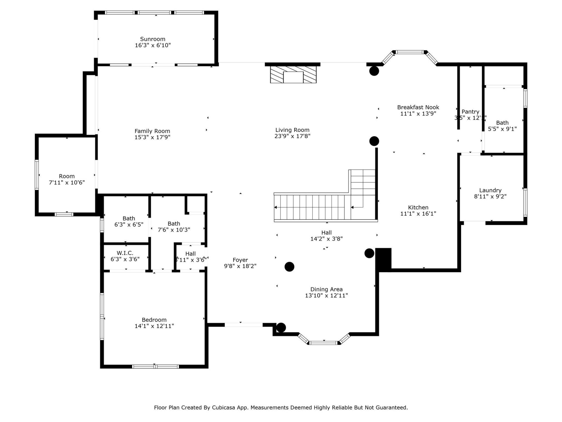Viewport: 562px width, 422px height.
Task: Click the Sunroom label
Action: (x=153, y=39)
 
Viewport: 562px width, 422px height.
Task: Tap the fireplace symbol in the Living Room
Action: (x=293, y=75)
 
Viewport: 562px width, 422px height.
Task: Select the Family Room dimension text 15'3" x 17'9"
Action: (x=152, y=137)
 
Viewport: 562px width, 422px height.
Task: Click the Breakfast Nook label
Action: (x=418, y=107)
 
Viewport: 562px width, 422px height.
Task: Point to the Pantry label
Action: (x=470, y=112)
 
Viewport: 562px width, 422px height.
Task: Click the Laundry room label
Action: (x=490, y=190)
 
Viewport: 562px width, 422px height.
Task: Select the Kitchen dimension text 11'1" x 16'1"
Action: (x=418, y=214)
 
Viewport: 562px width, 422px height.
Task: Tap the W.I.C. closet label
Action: (x=125, y=253)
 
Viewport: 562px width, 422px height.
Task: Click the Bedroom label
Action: (x=154, y=320)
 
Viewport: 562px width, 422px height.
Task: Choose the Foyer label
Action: (x=240, y=260)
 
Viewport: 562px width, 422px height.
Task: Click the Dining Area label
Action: (x=326, y=289)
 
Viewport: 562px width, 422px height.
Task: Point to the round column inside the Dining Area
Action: (x=289, y=267)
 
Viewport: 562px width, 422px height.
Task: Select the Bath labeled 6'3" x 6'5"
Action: (x=129, y=222)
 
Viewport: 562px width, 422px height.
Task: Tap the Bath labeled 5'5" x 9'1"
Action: (x=502, y=126)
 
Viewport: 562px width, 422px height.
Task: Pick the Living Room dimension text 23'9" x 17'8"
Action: (x=292, y=136)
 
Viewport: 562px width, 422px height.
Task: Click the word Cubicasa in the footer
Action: (x=224, y=407)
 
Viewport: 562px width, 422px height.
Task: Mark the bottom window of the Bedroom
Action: (x=155, y=366)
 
